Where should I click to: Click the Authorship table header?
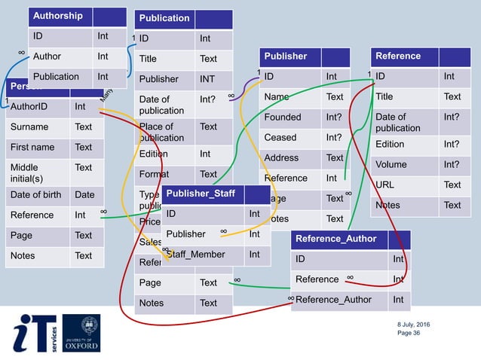pos(58,16)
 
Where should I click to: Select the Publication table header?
pos(165,18)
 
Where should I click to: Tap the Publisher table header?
pos(286,56)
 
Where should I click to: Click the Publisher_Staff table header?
pos(201,194)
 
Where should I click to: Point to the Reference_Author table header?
pos(336,239)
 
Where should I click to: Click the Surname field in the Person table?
pos(29,127)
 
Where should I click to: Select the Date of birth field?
pos(37,194)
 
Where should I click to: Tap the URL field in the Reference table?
pos(385,185)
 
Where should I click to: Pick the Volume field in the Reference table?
pos(391,164)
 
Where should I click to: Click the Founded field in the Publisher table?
pos(283,117)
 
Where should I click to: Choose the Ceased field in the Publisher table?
pos(280,137)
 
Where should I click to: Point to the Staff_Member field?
pos(195,255)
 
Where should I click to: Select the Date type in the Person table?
pos(84,194)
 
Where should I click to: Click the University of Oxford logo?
pos(81,333)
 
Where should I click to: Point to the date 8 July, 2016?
pos(415,324)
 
